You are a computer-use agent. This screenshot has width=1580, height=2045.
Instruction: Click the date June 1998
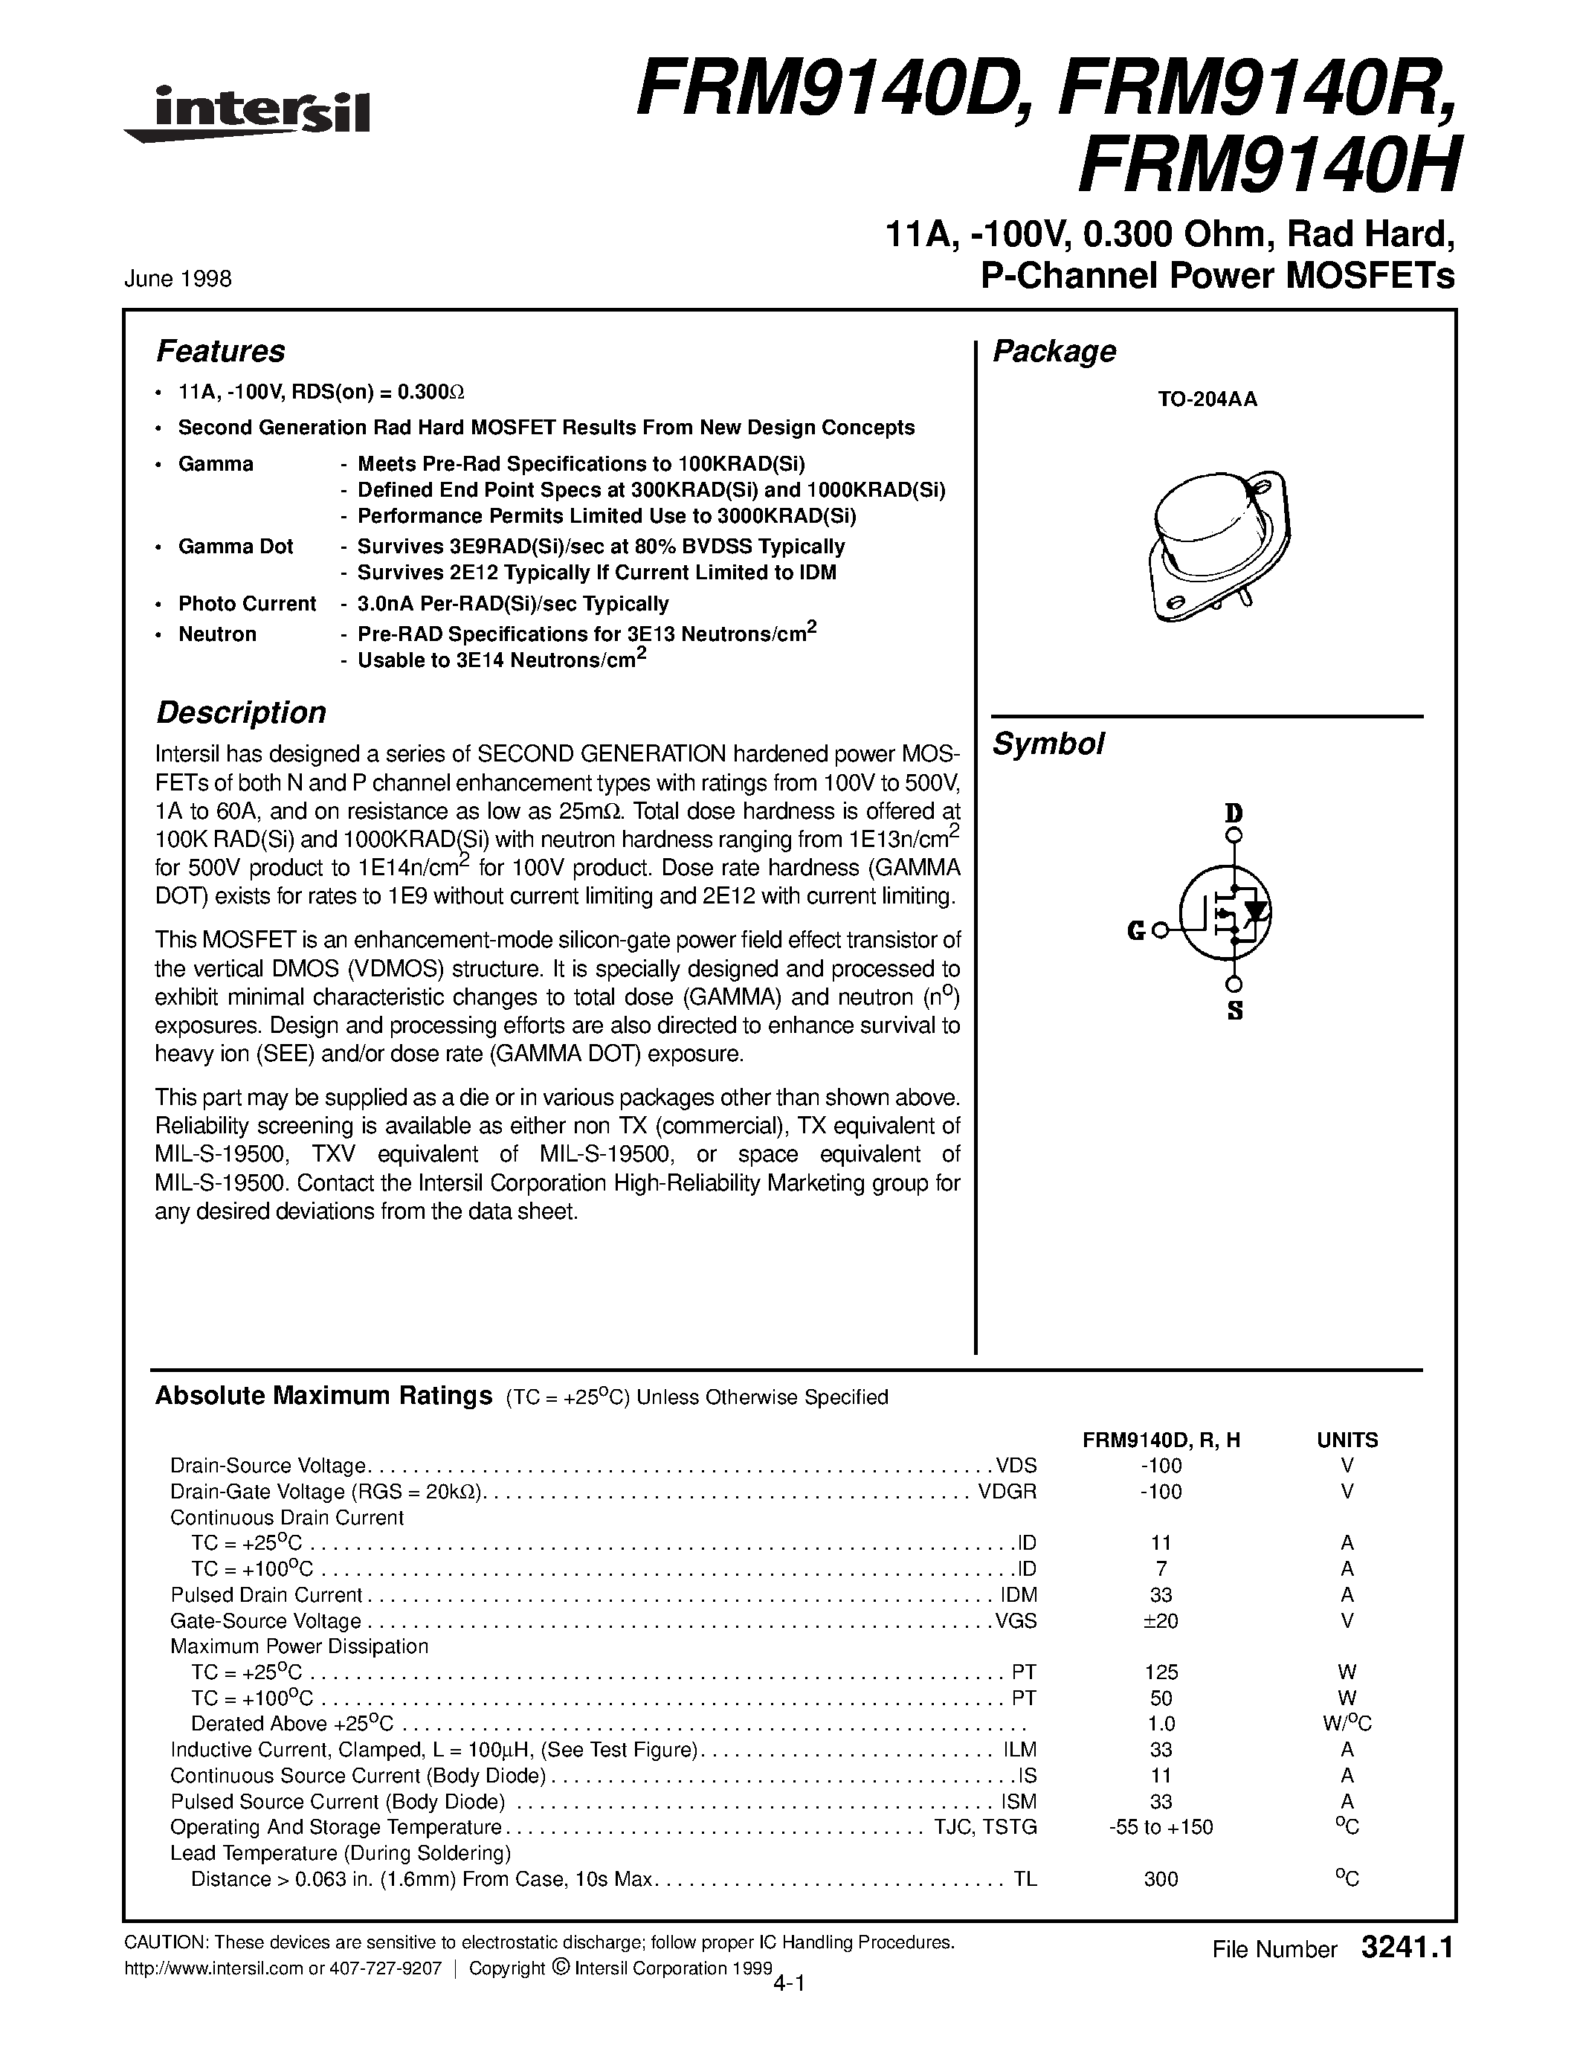(x=177, y=279)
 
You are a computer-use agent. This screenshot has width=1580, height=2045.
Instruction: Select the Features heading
(x=220, y=351)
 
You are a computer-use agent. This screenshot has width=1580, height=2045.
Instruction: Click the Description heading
(x=241, y=712)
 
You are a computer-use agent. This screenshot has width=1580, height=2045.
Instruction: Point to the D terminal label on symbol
(x=1234, y=812)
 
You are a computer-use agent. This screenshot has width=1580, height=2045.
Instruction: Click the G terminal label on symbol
(x=1136, y=931)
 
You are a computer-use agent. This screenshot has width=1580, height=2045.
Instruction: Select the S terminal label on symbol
(x=1234, y=1011)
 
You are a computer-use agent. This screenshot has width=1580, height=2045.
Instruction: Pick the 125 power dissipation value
(x=1161, y=1672)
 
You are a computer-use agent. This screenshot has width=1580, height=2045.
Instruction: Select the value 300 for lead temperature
(x=1161, y=1879)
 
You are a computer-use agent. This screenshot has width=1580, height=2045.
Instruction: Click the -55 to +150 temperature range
(x=1161, y=1827)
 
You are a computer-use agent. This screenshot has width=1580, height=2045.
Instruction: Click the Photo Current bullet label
(x=247, y=604)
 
